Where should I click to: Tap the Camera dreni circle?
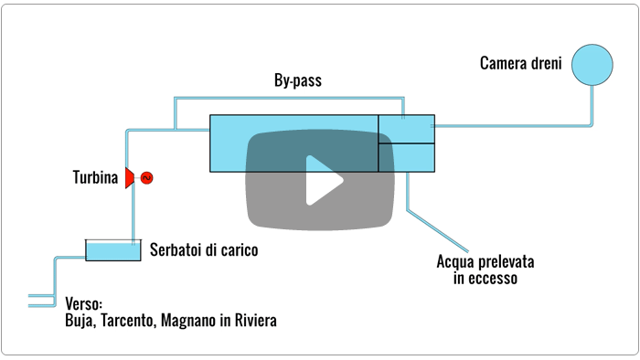click(x=592, y=65)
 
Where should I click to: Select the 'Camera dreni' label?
click(x=519, y=64)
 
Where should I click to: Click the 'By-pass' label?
click(x=298, y=81)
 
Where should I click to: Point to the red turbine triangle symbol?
click(x=130, y=177)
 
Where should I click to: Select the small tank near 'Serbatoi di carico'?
click(x=113, y=250)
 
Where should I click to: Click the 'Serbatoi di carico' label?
click(x=204, y=249)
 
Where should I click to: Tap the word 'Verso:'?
click(x=84, y=304)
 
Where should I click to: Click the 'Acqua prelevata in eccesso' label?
click(x=485, y=270)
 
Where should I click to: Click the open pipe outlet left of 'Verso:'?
click(x=41, y=300)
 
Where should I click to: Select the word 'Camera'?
click(x=503, y=64)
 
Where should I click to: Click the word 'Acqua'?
click(x=454, y=261)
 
